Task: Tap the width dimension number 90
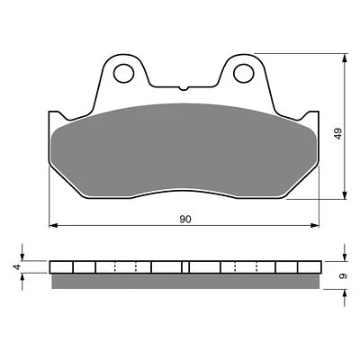tap(184, 219)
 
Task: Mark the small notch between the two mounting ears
tap(184, 88)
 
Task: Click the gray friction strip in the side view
tap(184, 281)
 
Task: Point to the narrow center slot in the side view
tap(184, 266)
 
